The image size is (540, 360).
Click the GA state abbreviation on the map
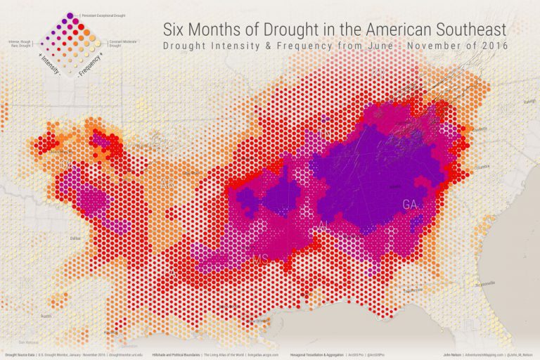[x=409, y=204]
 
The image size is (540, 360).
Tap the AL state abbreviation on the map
[x=323, y=224]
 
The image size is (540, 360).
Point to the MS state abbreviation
[x=260, y=260]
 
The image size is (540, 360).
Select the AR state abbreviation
[x=167, y=184]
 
